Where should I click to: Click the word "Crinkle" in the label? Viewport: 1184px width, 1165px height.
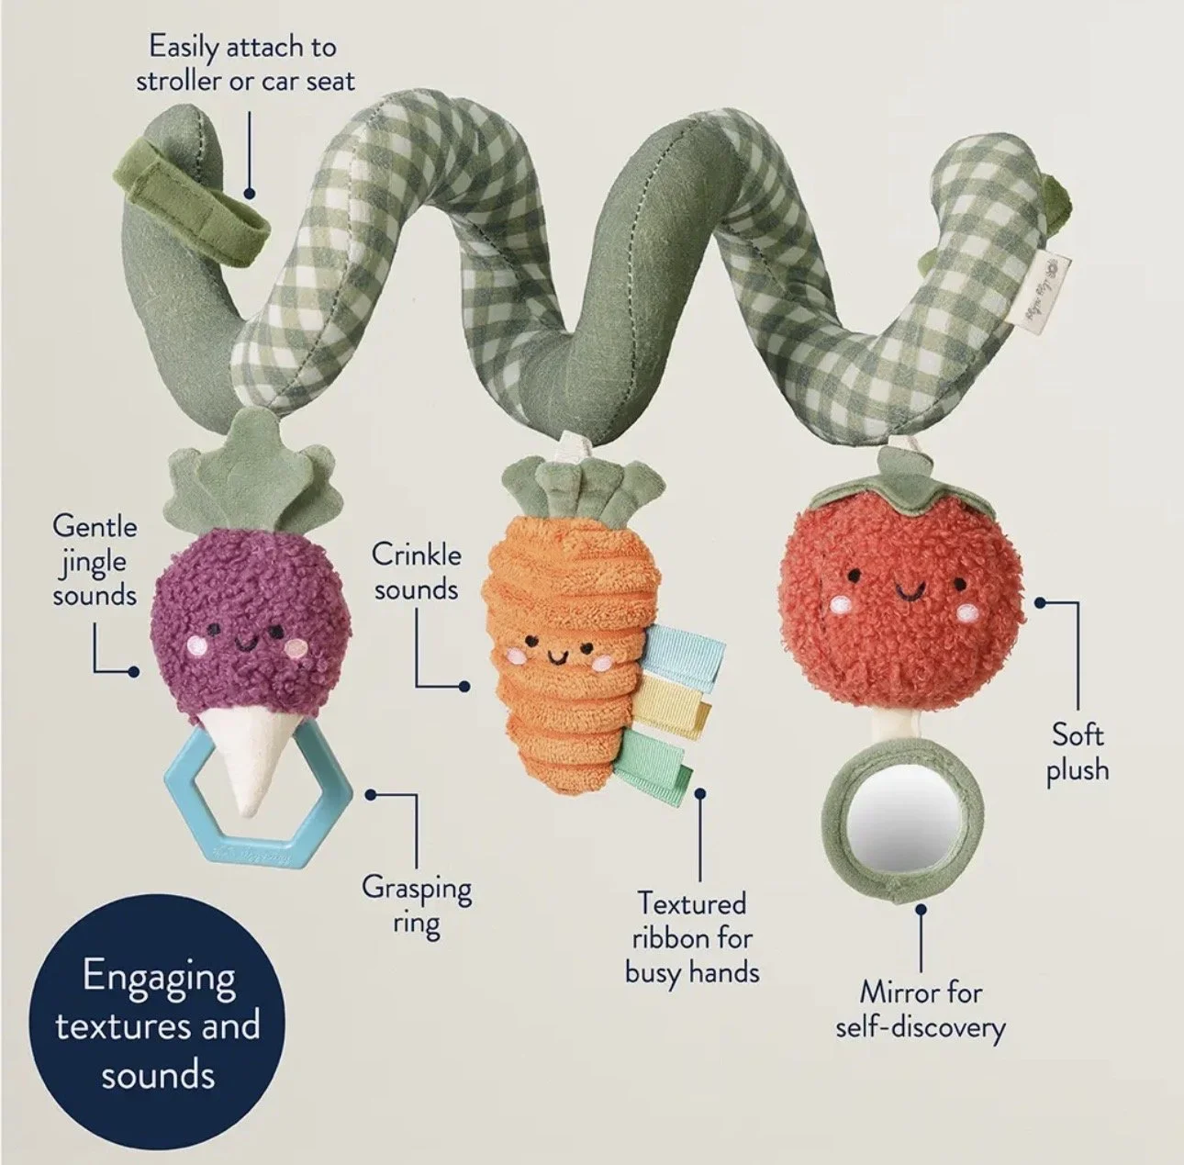tap(416, 555)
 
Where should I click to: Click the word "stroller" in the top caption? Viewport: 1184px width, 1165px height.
tap(179, 81)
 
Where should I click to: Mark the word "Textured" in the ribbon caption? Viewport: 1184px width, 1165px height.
tap(692, 903)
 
